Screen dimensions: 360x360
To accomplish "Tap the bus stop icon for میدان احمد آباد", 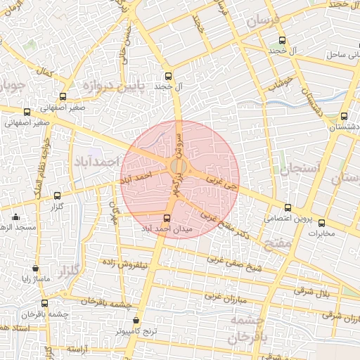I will click(167, 219).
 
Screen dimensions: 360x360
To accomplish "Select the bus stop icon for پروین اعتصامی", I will click(288, 207).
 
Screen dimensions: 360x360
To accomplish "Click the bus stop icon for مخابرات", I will click(322, 223).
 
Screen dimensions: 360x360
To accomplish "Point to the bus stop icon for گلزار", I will click(57, 195).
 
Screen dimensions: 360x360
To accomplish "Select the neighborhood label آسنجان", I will click(299, 169).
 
